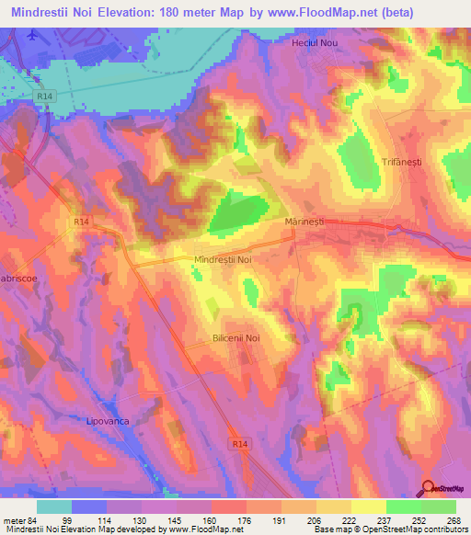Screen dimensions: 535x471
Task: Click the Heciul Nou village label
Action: (x=311, y=43)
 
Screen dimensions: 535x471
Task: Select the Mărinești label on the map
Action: (x=306, y=223)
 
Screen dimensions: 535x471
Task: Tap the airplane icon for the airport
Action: (x=35, y=35)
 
